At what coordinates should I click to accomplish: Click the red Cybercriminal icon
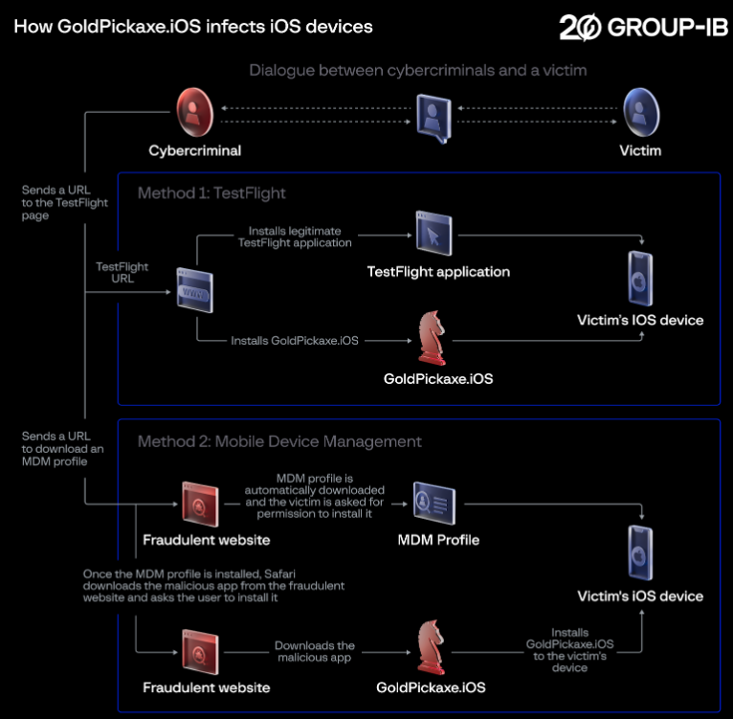tap(195, 111)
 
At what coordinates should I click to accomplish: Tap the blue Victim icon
tap(640, 111)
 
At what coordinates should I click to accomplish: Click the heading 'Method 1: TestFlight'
tap(211, 193)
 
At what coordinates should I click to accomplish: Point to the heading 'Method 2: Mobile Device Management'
tap(279, 441)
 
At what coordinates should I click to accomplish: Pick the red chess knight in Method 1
tap(432, 335)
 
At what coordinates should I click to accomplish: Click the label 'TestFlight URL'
tap(122, 273)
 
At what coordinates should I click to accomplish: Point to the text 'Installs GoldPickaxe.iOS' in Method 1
tap(295, 340)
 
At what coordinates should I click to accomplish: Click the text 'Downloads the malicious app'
tap(315, 652)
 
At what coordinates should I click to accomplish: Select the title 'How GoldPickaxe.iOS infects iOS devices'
tap(193, 27)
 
